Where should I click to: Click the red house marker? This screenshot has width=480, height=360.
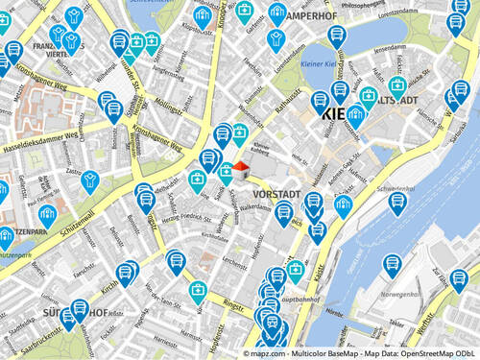tap(240, 169)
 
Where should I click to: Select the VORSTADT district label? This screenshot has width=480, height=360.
tap(279, 194)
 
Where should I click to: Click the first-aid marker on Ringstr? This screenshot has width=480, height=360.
tap(198, 290)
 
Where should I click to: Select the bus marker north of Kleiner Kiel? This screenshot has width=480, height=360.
tap(335, 36)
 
